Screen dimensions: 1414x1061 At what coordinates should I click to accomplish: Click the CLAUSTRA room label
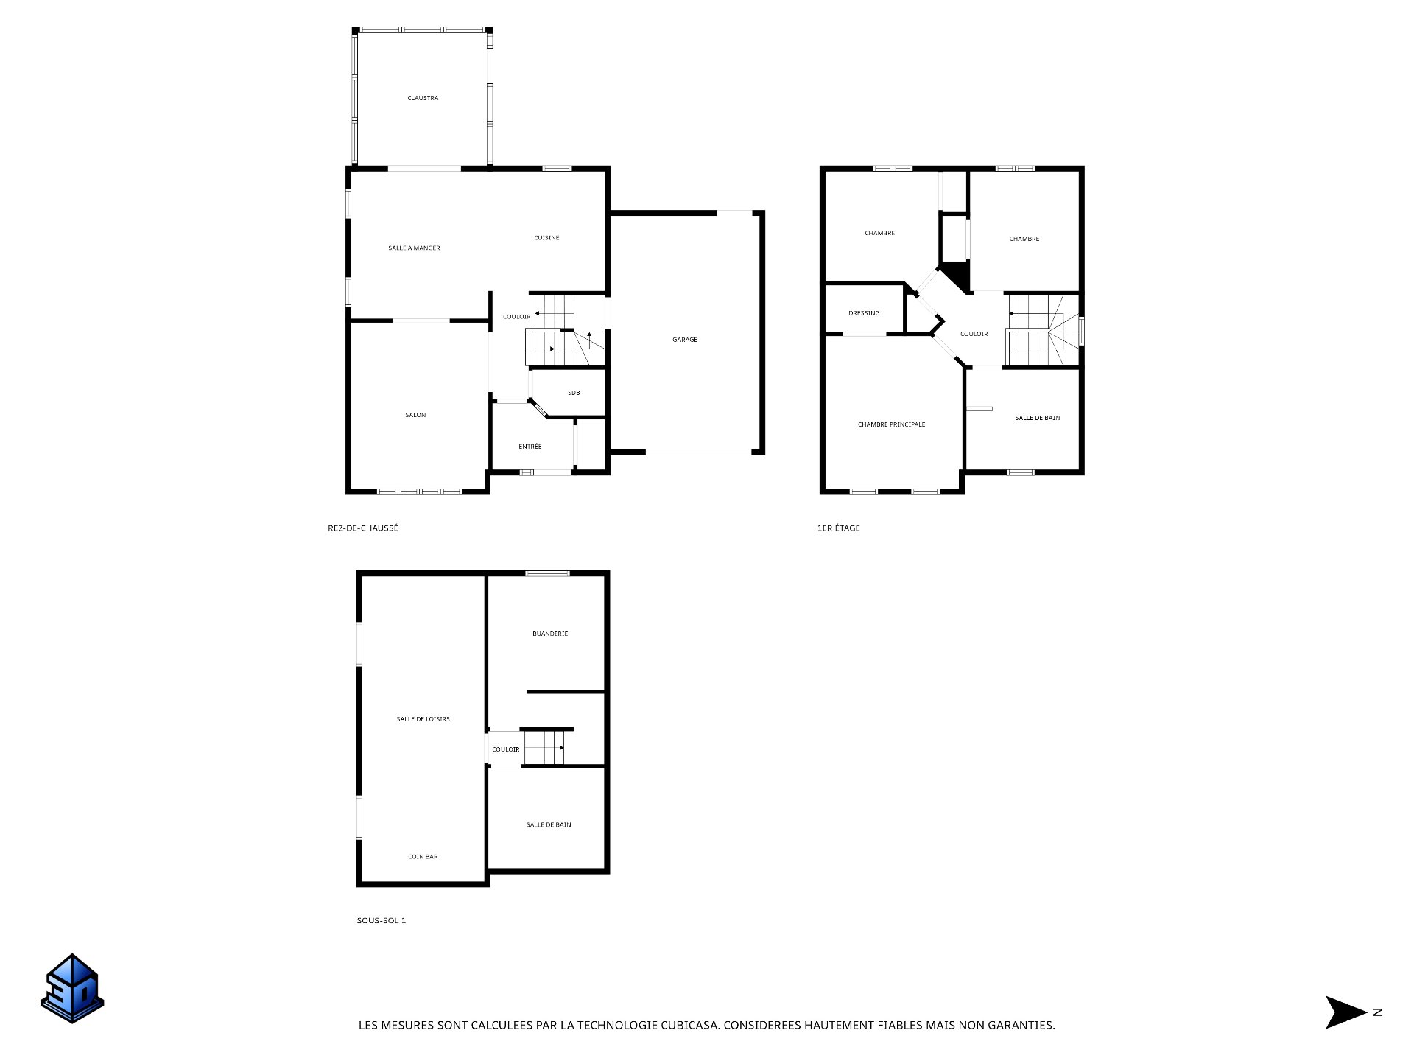[423, 98]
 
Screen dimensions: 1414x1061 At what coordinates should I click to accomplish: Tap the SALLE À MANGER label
[414, 248]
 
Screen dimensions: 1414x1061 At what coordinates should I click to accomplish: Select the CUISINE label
[546, 238]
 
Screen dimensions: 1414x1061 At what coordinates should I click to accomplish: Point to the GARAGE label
[685, 340]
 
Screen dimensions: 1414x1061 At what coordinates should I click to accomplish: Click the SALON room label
[415, 415]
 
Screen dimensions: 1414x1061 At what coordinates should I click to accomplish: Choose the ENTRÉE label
[530, 447]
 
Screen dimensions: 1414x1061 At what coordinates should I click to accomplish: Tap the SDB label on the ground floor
[574, 393]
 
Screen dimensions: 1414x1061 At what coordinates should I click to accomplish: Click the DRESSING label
[864, 313]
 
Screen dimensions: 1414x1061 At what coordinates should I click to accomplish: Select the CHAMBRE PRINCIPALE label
[892, 424]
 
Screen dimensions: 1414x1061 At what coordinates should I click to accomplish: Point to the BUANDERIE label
[550, 634]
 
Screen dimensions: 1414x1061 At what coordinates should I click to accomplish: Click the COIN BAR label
[423, 857]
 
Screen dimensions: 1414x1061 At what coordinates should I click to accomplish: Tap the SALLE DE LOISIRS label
[423, 719]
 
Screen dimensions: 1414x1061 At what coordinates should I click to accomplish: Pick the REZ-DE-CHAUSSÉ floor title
[363, 528]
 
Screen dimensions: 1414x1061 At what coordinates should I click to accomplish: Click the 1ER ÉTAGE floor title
[839, 528]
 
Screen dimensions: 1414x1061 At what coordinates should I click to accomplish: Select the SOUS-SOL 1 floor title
[381, 921]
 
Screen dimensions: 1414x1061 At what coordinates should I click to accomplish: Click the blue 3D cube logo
[72, 988]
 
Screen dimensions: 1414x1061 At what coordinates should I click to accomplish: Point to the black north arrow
[1346, 1012]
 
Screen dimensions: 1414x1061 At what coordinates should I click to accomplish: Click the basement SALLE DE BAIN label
[549, 825]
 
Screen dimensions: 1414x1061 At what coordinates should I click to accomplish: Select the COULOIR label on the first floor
[974, 334]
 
